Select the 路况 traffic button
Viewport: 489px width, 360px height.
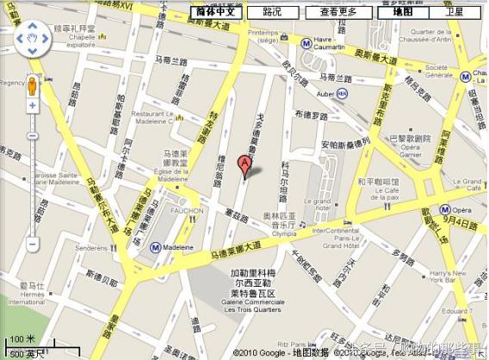coord(272,12)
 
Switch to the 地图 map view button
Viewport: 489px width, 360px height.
coord(403,12)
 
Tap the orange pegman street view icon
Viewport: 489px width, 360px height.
coord(32,86)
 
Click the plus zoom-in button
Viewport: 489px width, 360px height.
coord(32,106)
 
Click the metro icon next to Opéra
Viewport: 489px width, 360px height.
coord(447,208)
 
